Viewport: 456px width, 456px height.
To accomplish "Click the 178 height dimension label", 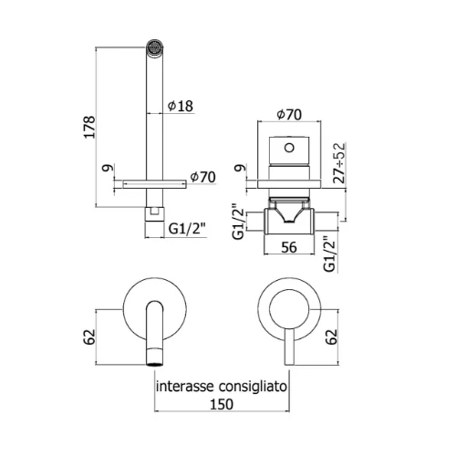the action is (89, 127).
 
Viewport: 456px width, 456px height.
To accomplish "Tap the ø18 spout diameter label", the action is (181, 106).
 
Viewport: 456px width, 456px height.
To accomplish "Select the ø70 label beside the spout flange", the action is (203, 177).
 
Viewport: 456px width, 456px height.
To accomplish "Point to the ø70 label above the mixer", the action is (289, 114).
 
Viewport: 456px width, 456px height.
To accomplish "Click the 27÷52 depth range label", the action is (339, 163).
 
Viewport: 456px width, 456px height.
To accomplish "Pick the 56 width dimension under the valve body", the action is (289, 247).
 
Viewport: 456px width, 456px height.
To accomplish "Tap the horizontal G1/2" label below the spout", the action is (187, 229).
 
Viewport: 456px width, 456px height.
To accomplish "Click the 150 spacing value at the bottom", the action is (222, 404).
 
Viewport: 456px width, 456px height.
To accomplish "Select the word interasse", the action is (184, 387).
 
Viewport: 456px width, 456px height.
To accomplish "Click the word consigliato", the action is (253, 387).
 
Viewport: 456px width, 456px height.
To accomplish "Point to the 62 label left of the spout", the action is (89, 337).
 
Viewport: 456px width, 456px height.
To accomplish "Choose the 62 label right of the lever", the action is (332, 337).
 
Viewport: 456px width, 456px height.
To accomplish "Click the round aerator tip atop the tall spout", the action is (155, 47).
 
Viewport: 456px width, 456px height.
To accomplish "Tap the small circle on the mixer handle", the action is (289, 148).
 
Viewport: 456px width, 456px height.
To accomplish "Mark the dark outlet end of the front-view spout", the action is (155, 364).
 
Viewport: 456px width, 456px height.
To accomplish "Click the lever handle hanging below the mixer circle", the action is (289, 347).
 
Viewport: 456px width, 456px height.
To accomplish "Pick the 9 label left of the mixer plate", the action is (239, 168).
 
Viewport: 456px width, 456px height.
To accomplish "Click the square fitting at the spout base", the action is (155, 214).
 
